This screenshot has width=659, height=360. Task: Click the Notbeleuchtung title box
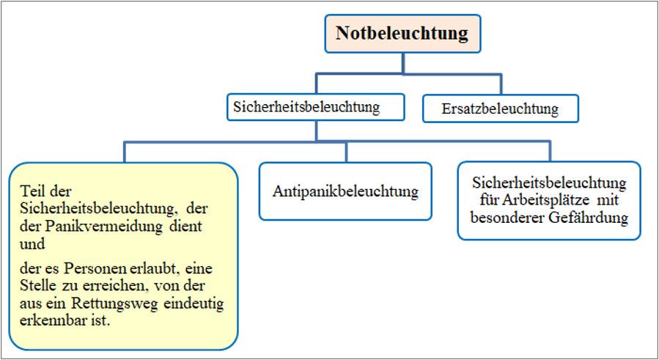click(402, 34)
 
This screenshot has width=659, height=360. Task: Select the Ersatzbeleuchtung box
click(500, 109)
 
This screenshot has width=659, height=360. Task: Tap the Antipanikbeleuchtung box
click(345, 191)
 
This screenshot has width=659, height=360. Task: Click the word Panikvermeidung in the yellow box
click(104, 227)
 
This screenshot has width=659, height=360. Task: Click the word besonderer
click(507, 218)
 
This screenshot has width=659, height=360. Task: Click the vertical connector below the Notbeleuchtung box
click(403, 64)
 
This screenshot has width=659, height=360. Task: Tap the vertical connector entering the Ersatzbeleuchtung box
click(501, 84)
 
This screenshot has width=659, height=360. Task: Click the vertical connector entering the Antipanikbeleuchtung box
click(346, 153)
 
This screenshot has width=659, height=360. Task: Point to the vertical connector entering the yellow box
click(124, 153)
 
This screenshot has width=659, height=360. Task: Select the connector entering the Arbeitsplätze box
click(549, 152)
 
